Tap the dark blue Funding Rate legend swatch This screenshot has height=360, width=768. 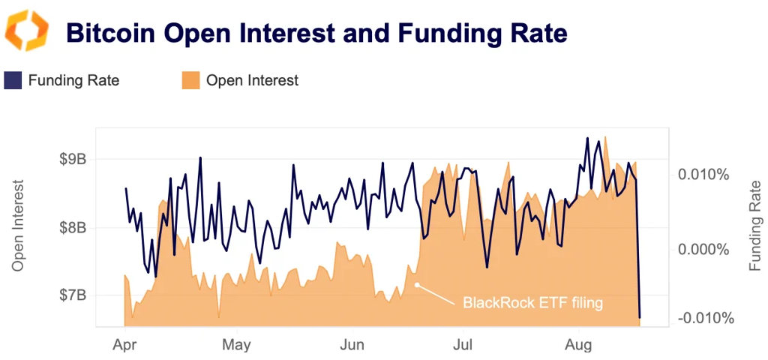13,80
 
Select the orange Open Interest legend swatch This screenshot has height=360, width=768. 190,80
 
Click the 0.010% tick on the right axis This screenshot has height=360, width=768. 703,175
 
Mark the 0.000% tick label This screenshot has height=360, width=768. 703,249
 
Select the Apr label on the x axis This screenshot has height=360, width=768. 124,345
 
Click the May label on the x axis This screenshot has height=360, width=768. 237,345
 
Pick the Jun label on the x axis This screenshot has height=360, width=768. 352,345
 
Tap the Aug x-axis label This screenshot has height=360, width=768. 578,345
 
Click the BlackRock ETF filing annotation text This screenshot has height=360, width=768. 532,303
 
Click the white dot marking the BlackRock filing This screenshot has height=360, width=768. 417,285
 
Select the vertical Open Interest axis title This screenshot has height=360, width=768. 18,225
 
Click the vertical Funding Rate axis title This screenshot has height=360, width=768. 754,225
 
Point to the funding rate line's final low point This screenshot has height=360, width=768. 640,317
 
